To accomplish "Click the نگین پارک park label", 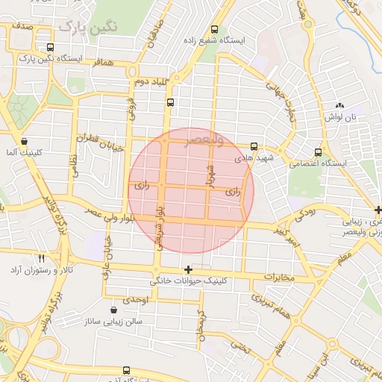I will coord(89,28).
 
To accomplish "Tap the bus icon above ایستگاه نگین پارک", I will coord(50,46).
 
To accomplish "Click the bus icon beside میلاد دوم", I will coord(172,102).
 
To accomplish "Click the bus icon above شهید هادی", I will coord(254,146).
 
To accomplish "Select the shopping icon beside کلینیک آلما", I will coord(25,141).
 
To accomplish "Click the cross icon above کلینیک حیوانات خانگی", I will coord(188,269).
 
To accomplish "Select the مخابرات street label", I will coord(278,278).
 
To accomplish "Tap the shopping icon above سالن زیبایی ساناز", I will coord(113,310).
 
